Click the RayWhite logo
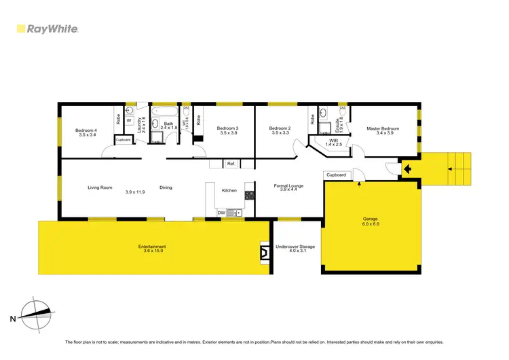[x=47, y=29]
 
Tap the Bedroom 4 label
[x=86, y=132]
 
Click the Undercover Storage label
[x=295, y=249]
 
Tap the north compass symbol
[x=35, y=313]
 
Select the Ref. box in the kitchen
[x=231, y=163]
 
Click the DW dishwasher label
[x=221, y=213]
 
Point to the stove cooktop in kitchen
[x=249, y=195]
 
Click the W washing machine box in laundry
[x=129, y=122]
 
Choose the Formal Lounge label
[x=288, y=187]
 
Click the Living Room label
[x=99, y=188]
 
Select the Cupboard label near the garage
[x=336, y=175]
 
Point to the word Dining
[x=166, y=188]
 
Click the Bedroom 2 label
[x=280, y=130]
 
